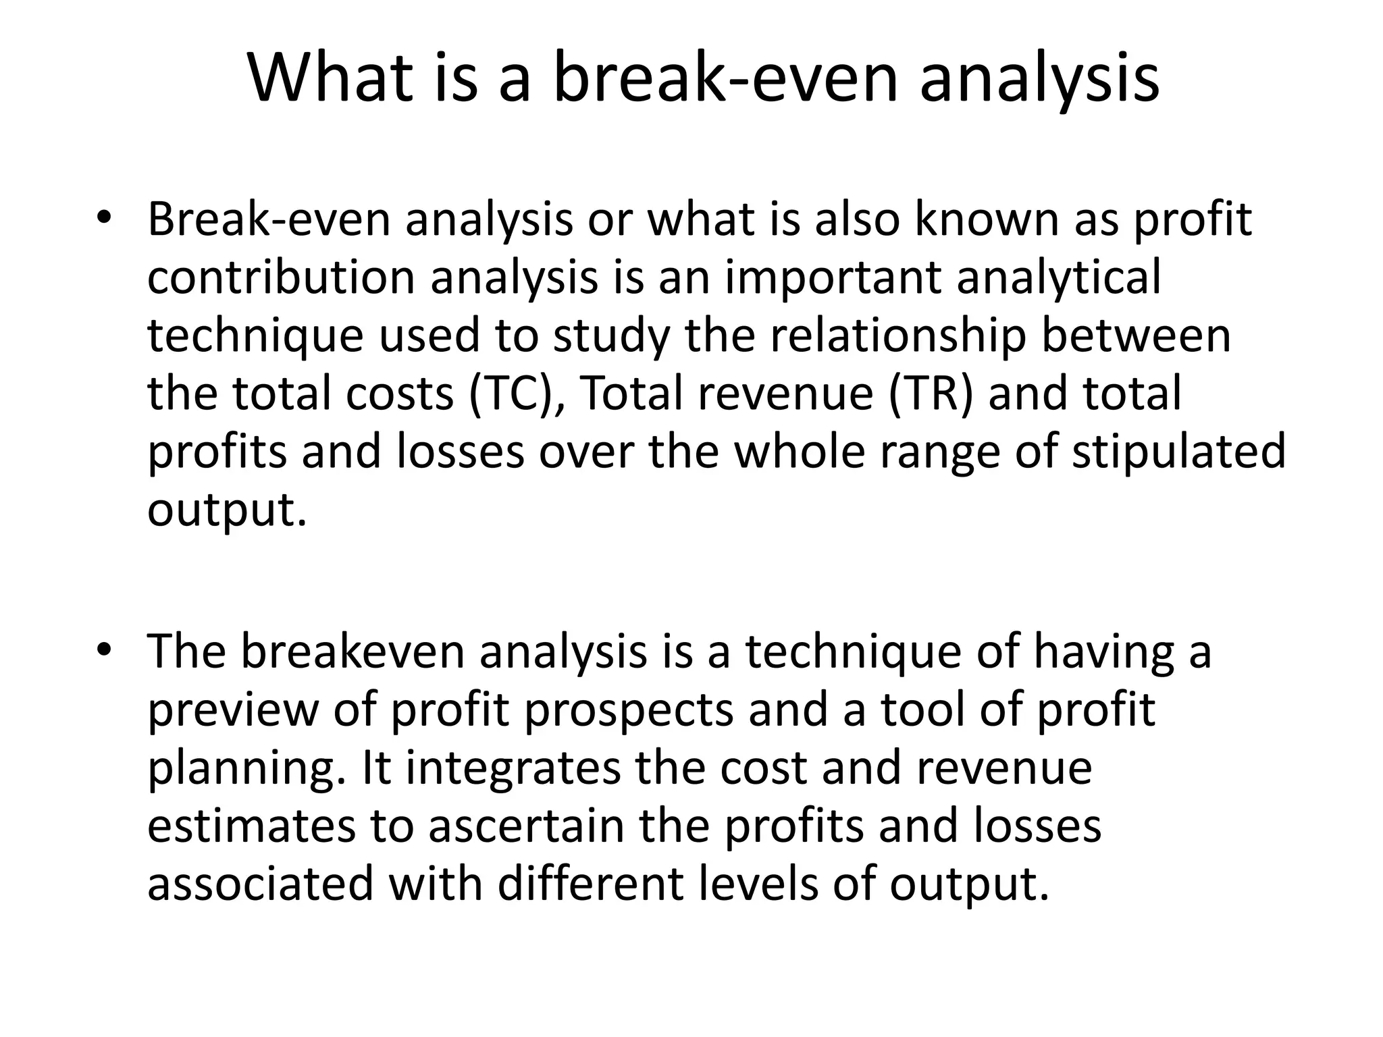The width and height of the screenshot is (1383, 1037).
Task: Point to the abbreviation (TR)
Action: tap(931, 394)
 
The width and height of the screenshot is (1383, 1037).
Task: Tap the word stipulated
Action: tap(1178, 452)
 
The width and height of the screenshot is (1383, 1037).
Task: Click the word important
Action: tap(833, 277)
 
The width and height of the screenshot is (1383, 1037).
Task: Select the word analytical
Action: tap(1059, 277)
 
